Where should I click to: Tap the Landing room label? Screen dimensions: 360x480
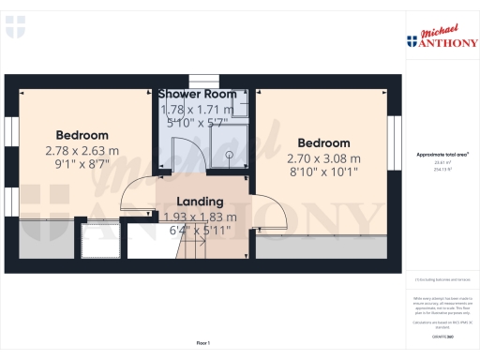(x=200, y=202)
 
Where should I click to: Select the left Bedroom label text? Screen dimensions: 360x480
(x=82, y=135)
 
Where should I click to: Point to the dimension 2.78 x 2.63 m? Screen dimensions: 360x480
(x=82, y=150)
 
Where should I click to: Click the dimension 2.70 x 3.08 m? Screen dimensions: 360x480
(x=322, y=158)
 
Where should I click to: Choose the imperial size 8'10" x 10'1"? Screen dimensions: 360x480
(x=322, y=172)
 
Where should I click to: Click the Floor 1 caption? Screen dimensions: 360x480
(x=202, y=345)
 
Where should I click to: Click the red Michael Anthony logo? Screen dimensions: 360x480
(x=442, y=36)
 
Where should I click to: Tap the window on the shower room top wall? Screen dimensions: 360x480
(x=202, y=81)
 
